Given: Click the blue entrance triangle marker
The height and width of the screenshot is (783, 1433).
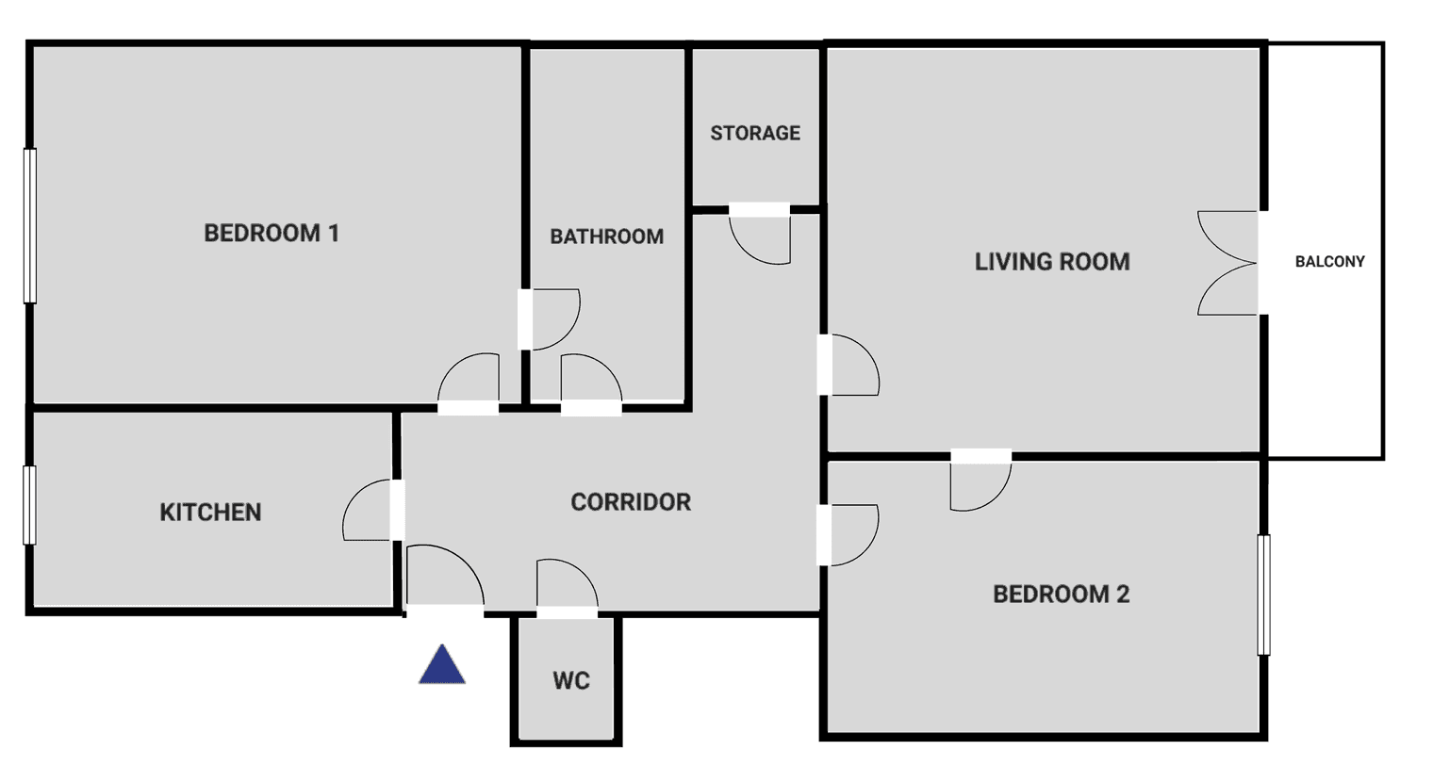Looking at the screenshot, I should pos(442,666).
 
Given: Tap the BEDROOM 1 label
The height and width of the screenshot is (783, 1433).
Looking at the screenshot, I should pos(272,233).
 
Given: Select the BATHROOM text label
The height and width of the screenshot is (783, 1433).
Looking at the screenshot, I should pos(606,237).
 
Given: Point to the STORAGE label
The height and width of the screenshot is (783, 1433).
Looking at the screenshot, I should pos(755,133).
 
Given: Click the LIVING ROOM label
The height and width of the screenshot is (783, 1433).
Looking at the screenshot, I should pos(1052,262).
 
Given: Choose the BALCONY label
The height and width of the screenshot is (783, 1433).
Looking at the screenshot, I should pos(1329,261).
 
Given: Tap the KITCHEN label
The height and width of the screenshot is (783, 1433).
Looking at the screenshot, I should pos(210,512).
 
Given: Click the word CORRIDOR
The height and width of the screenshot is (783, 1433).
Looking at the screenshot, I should pos(631,501).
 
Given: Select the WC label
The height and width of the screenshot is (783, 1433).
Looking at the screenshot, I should pos(571,680).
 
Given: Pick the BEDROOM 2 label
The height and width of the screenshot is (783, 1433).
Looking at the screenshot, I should pos(1061,594).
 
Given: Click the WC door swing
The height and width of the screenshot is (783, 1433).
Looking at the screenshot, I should pos(567,586).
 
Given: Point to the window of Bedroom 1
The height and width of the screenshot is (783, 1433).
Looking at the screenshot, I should pos(30,226).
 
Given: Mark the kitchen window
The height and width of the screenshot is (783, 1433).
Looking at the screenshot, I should pos(30,505).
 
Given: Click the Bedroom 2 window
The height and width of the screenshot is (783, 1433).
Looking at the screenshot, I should pos(1263,595).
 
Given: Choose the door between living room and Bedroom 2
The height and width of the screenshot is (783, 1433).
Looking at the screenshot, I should pos(980,481).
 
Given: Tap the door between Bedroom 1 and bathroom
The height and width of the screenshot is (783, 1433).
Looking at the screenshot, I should pos(552,319).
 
